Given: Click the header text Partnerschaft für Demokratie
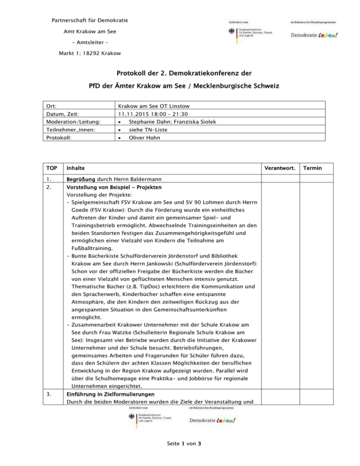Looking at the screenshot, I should [89, 20].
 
